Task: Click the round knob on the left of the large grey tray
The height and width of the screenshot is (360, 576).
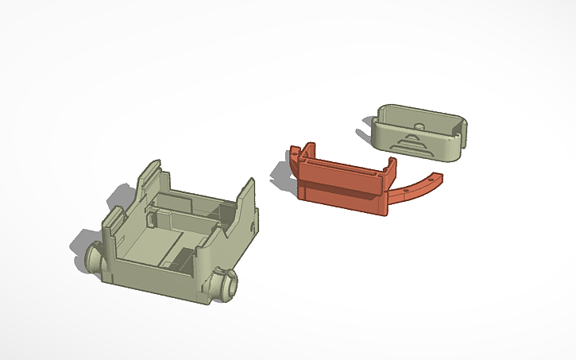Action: [x=95, y=258]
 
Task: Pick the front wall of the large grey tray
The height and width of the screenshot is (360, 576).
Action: [x=159, y=283]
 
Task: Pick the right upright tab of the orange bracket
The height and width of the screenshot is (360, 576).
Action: [x=390, y=168]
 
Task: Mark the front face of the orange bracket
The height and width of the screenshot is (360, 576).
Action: [x=342, y=195]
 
